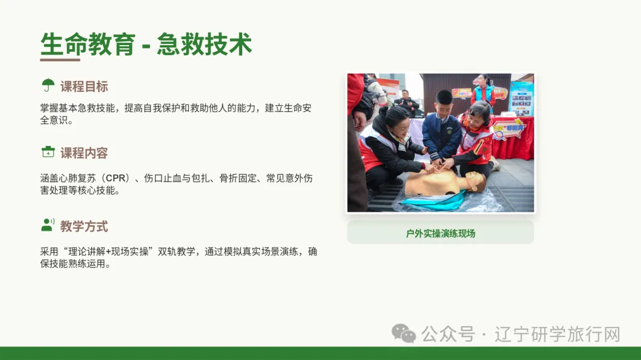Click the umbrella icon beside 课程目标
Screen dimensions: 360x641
point(48,85)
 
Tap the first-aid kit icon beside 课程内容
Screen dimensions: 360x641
point(48,152)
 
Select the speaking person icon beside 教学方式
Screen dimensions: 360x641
point(48,225)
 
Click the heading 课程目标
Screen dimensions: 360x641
point(84,87)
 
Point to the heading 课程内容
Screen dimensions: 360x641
point(84,153)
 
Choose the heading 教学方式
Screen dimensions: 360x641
point(84,226)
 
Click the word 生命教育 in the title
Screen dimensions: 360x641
point(88,44)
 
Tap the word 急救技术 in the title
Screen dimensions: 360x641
point(204,44)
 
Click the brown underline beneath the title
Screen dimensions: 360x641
point(60,60)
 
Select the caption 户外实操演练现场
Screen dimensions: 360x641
point(440,233)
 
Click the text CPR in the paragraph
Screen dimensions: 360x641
point(117,179)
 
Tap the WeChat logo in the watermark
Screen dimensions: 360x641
point(404,333)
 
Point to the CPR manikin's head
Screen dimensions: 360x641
point(475,181)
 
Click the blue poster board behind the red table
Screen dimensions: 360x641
point(522,98)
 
